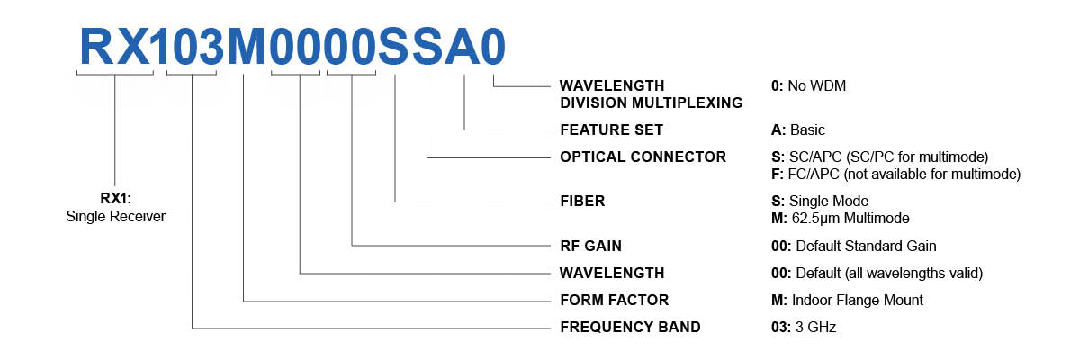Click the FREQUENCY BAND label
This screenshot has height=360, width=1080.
630,327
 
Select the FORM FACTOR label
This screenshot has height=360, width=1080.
614,300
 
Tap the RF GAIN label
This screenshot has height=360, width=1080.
590,246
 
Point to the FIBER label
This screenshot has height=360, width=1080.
582,202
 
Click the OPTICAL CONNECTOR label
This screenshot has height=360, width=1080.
643,157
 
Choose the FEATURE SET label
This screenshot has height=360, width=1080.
611,130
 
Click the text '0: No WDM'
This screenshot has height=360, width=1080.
803,86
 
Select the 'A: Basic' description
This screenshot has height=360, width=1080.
792,130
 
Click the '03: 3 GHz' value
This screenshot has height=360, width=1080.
797,327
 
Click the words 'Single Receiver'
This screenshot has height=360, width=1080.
115,217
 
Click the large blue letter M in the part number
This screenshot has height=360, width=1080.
245,45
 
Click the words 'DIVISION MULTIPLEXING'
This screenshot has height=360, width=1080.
652,103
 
